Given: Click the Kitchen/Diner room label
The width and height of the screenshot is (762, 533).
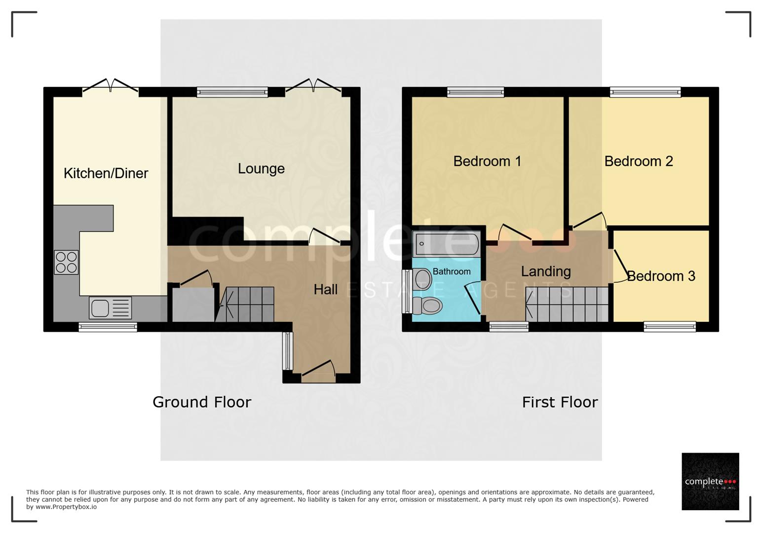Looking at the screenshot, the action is (x=106, y=173).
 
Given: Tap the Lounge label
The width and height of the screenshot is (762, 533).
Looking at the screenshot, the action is (x=261, y=169).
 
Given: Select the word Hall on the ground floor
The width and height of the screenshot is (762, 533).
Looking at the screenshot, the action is (x=326, y=290).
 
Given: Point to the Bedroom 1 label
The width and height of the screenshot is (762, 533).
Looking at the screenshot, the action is (x=487, y=161).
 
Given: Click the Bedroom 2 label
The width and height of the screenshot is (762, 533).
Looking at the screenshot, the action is (x=639, y=161).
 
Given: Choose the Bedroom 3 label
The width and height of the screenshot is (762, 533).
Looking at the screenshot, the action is (x=661, y=276).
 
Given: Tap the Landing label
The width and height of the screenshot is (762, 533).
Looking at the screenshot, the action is (x=546, y=272).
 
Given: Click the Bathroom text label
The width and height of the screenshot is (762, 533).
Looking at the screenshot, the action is (x=452, y=271).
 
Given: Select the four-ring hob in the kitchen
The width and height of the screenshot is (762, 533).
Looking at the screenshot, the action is (x=66, y=262).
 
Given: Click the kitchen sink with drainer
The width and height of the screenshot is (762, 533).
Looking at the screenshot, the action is (x=110, y=308).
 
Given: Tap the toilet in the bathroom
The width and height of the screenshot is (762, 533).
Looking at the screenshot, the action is (x=427, y=305).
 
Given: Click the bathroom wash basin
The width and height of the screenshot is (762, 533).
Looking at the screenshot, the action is (x=422, y=279).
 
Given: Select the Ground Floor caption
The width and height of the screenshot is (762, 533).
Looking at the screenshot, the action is (x=202, y=402).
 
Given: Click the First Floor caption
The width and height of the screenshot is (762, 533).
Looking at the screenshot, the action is (x=560, y=402).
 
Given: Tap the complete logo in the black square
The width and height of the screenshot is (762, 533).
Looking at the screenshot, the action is (x=710, y=481).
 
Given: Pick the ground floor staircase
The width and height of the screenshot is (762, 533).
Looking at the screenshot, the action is (x=245, y=305).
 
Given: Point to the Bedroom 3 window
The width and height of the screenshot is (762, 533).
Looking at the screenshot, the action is (x=670, y=327).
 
